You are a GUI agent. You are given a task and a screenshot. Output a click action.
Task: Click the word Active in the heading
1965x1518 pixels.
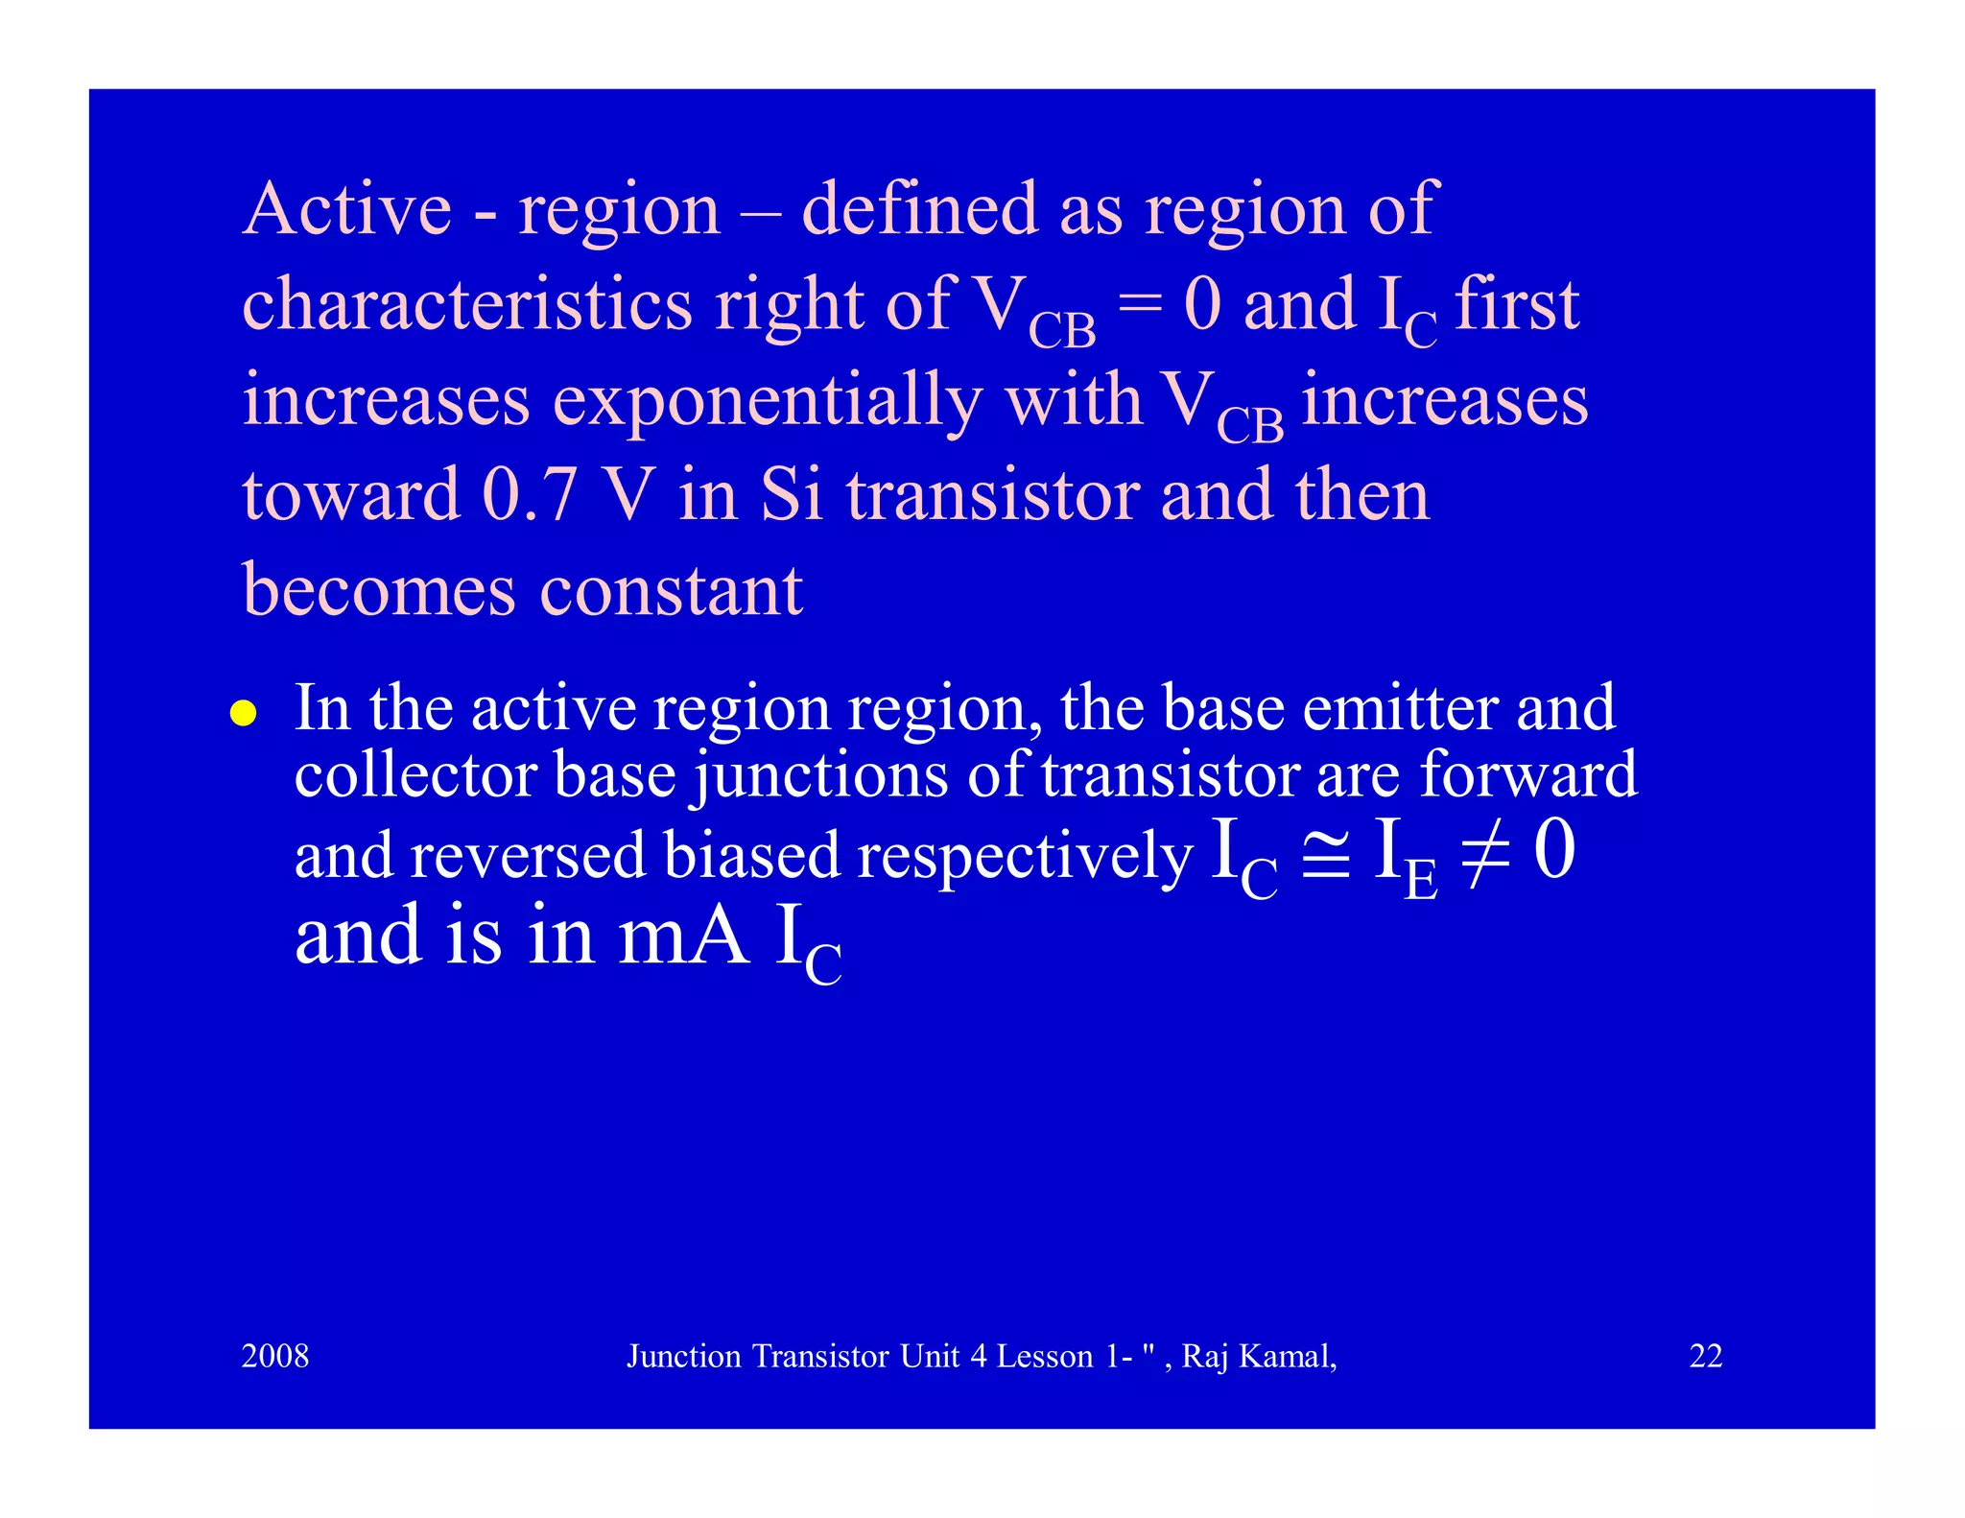[x=347, y=208]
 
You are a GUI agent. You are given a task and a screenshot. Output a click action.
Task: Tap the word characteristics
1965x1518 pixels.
[x=467, y=304]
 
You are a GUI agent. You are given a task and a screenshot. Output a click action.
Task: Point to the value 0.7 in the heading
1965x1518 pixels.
[x=529, y=495]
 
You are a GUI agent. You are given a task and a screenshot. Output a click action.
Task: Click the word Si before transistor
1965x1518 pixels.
[x=793, y=495]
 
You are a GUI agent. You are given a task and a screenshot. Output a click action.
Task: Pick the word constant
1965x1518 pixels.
[x=672, y=589]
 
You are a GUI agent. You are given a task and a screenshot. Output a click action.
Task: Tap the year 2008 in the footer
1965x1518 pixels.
[x=275, y=1356]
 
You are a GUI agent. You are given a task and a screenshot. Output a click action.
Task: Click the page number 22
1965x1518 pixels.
[x=1705, y=1356]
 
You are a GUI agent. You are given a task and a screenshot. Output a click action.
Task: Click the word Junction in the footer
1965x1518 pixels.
[x=684, y=1356]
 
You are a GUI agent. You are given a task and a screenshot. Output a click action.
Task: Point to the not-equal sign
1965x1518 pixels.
[x=1484, y=851]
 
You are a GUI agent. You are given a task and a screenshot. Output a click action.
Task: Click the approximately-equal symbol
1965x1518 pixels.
[x=1326, y=851]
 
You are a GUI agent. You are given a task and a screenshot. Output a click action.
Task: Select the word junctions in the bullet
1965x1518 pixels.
[x=820, y=775]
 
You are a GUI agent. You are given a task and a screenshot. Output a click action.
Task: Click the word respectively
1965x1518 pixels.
[x=1025, y=855]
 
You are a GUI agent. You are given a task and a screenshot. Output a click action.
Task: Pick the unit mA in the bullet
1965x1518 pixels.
[x=683, y=936]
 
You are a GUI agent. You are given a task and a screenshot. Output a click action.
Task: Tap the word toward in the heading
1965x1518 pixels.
[x=351, y=495]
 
